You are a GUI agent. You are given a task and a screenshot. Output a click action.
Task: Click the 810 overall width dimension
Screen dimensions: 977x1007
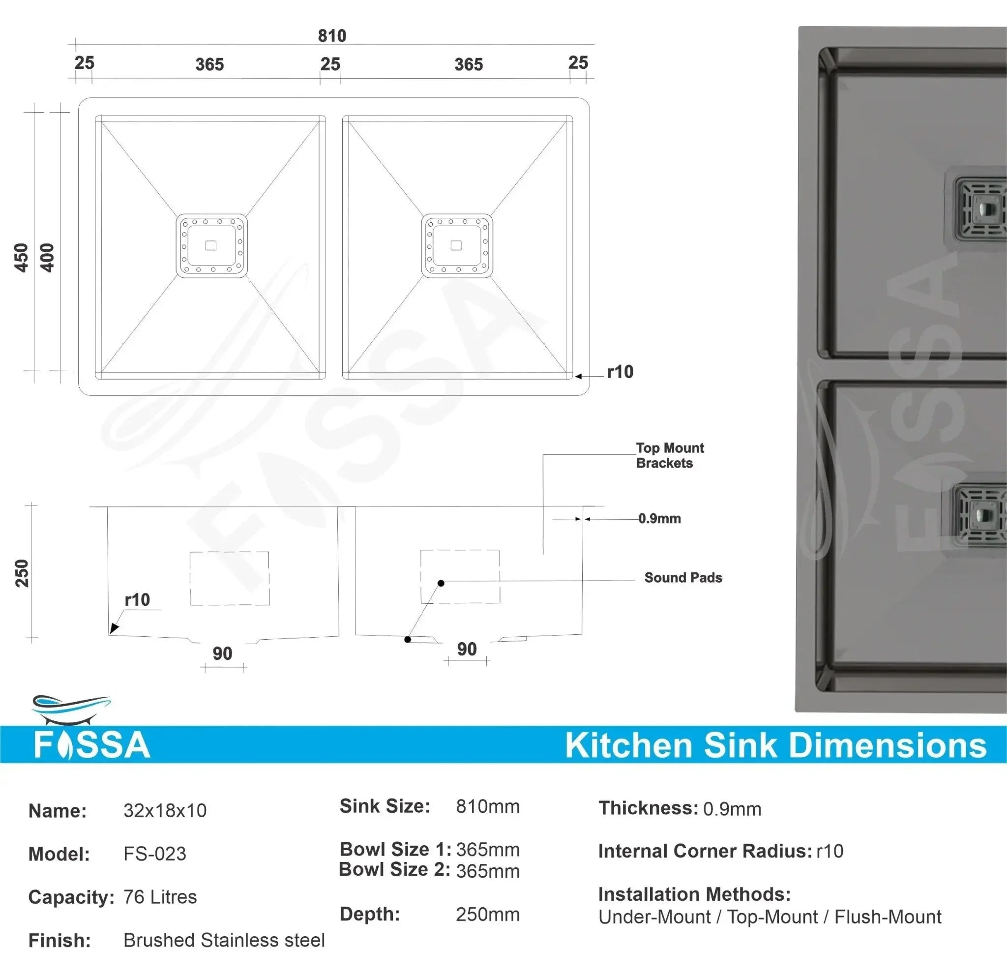click(332, 36)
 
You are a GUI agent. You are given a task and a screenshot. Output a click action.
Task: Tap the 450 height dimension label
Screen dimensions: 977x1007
click(21, 257)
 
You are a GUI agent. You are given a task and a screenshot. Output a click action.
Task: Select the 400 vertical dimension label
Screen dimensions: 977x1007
click(47, 257)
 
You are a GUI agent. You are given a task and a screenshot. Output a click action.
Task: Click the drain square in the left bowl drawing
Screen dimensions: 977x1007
click(211, 246)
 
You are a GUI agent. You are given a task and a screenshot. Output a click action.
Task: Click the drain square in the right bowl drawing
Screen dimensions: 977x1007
click(456, 246)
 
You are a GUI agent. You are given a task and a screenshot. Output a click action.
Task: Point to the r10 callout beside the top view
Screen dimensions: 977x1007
click(620, 372)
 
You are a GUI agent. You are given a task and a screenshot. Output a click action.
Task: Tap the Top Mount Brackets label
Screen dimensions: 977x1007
click(670, 456)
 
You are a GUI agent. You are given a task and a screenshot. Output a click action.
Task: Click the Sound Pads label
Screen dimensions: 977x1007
click(683, 577)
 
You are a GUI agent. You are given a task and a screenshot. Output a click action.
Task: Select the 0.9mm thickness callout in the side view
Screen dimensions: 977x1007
click(659, 519)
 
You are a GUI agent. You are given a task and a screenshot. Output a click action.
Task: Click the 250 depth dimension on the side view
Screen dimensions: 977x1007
click(22, 573)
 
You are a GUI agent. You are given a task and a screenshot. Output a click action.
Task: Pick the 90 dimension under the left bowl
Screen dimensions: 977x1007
click(222, 653)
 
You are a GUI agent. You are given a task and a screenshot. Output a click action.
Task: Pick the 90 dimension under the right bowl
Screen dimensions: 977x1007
click(467, 649)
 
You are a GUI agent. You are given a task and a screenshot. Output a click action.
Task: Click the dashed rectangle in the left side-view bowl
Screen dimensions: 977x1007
click(230, 578)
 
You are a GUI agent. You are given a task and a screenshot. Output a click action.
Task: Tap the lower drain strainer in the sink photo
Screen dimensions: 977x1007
click(979, 516)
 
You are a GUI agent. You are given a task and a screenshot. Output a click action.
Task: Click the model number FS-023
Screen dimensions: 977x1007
click(155, 854)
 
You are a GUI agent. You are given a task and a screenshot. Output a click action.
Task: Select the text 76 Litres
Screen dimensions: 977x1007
click(160, 897)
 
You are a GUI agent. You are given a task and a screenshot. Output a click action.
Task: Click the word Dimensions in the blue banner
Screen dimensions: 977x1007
click(888, 746)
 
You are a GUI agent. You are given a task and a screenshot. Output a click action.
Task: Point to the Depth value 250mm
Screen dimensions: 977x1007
click(487, 915)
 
